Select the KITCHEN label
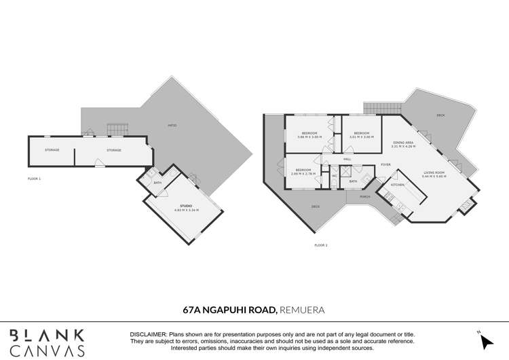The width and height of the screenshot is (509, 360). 398,185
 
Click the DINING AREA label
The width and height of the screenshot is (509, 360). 403,141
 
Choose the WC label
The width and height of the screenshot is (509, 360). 335,176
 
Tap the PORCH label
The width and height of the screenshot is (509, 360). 365,198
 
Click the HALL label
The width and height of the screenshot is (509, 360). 347,159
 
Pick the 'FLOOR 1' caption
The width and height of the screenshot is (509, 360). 35,178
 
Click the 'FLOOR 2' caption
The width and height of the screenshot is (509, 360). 321,245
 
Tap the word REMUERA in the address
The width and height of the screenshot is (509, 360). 302,310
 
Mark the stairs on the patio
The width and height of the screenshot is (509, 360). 117,128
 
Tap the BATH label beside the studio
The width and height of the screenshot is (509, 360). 157,183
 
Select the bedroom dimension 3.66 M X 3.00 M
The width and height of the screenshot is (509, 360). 309,137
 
